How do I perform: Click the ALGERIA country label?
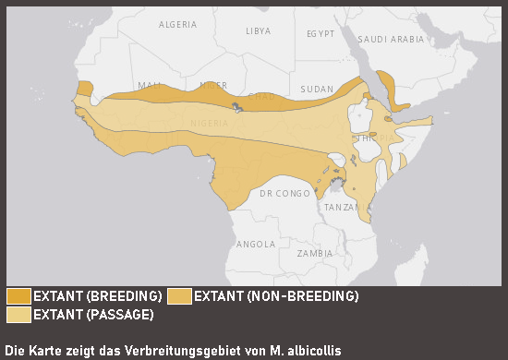coord(179,25)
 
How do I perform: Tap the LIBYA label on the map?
coord(259,30)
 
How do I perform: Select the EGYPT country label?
coord(320,33)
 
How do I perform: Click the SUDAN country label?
coord(317,89)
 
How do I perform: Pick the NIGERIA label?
coord(210,123)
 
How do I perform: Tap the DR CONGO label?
coord(284,194)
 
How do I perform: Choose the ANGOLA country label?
coord(256,245)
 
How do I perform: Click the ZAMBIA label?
coord(315,252)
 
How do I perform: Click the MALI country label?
coord(149,86)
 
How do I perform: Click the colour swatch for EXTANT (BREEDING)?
coord(18,296)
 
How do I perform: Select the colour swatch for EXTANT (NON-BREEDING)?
coord(179,296)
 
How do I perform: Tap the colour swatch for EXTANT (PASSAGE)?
coord(18,315)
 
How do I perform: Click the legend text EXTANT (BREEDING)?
coord(98,296)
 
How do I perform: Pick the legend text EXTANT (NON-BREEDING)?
coord(276,296)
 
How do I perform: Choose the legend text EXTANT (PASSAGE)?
coord(93,315)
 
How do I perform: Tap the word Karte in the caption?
coord(48,351)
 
